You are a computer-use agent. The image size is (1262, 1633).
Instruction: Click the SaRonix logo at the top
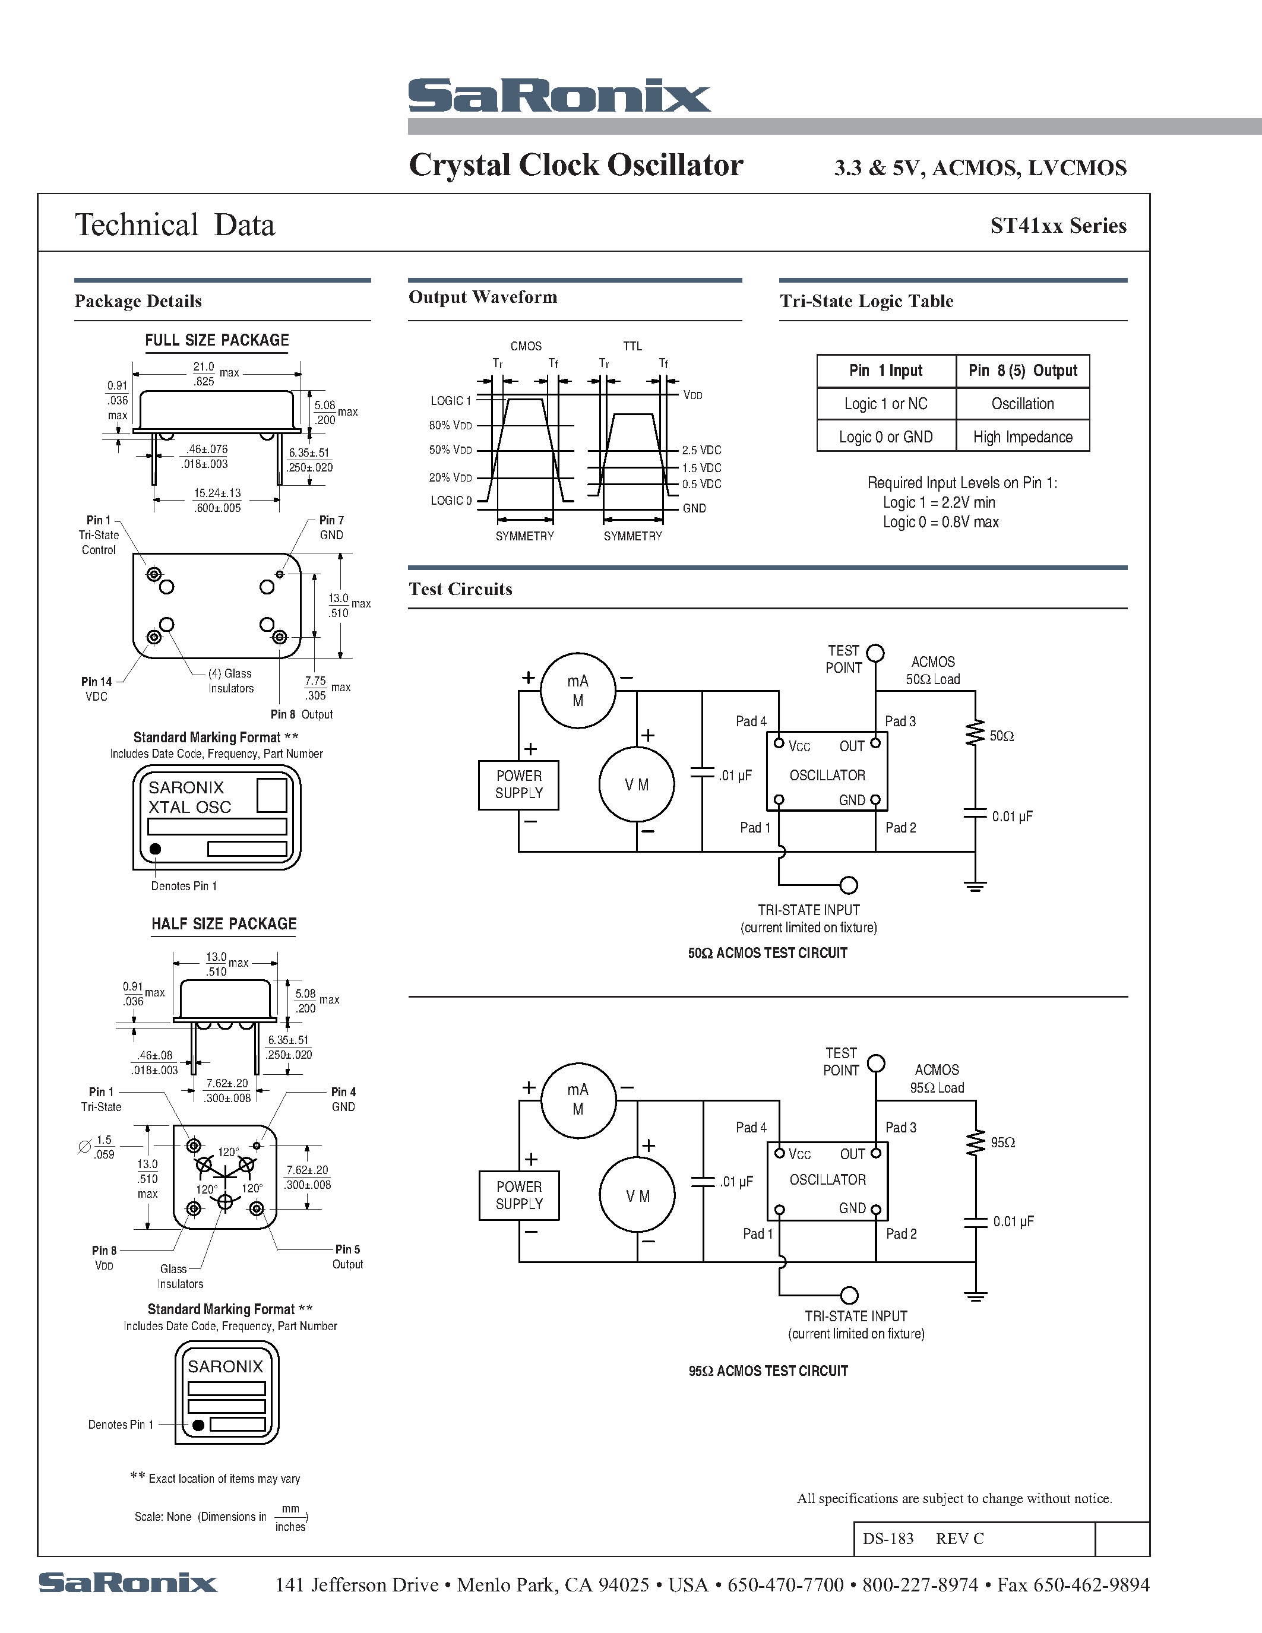pos(559,96)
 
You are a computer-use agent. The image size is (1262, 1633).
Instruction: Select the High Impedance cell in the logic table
pos(1022,436)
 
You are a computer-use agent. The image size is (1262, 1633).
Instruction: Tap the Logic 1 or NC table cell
pos(886,404)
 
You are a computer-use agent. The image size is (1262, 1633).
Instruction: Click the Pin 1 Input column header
pos(886,371)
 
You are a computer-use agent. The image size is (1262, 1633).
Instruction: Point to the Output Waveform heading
pos(483,298)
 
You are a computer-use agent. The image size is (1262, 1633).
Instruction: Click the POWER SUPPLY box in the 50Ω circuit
pos(519,784)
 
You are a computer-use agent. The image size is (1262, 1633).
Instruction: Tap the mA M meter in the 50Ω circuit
pos(578,691)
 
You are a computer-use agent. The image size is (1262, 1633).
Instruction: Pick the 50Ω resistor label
pos(1002,736)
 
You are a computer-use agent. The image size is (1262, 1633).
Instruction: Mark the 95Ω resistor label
pos(1002,1143)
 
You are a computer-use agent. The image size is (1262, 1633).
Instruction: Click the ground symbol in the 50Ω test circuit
pos(975,886)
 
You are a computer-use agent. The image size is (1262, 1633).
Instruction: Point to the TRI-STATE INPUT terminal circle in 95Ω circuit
pos(849,1295)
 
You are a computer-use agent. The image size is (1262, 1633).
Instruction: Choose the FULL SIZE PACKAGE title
pos(217,340)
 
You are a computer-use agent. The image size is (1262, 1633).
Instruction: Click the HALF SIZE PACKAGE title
pos(224,924)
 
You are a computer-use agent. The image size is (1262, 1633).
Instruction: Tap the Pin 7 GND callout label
pos(331,528)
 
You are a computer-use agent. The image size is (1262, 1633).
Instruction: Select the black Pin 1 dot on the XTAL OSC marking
pos(156,849)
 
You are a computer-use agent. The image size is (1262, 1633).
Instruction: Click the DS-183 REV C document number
pos(923,1539)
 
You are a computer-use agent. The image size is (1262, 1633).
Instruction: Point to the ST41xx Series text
pos(1058,226)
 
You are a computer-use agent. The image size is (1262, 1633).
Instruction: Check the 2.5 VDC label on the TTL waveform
pos(701,450)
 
